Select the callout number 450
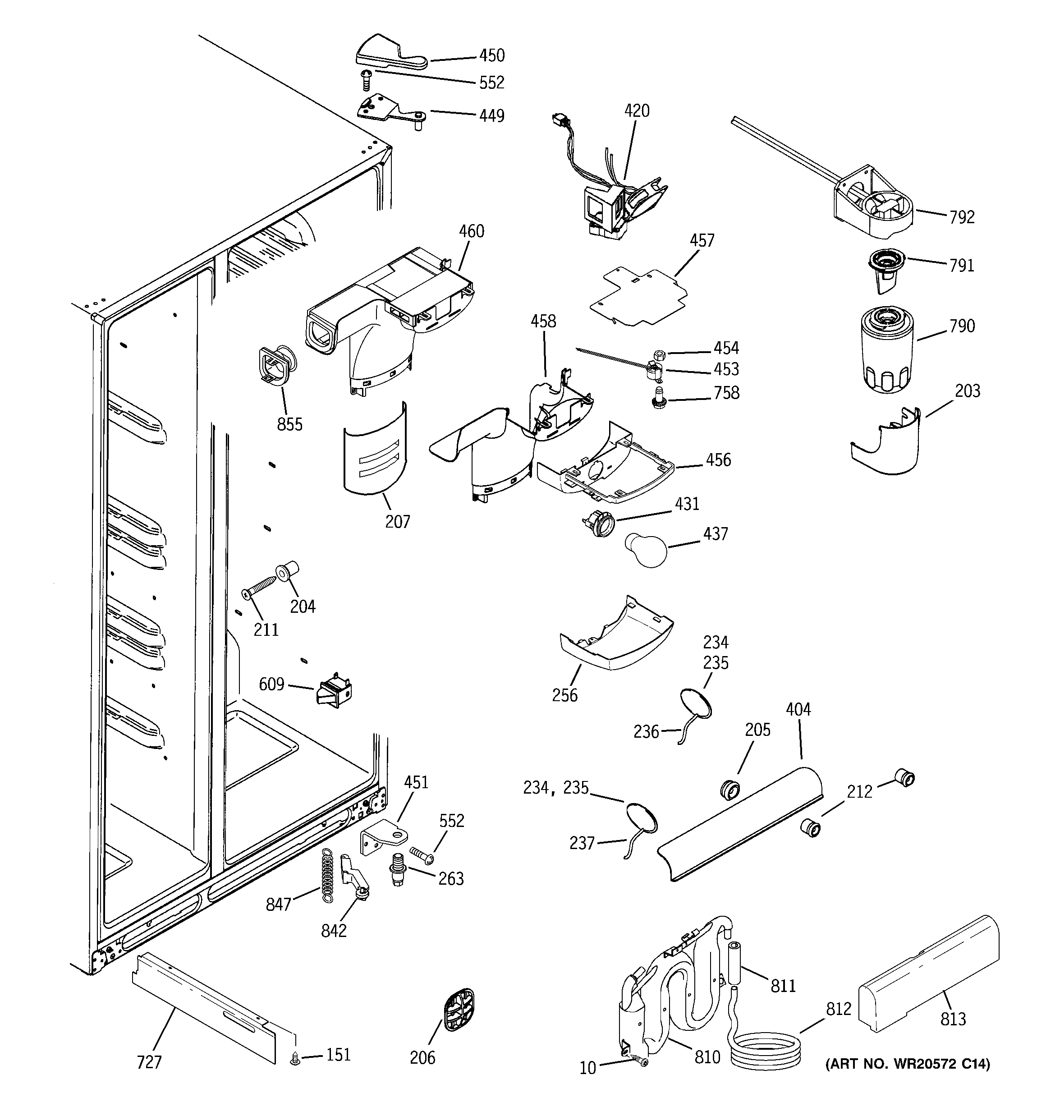pyautogui.click(x=492, y=55)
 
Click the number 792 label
pyautogui.click(x=962, y=217)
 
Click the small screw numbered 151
pyautogui.click(x=294, y=1059)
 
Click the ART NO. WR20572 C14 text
pyautogui.click(x=907, y=1064)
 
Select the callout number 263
pyautogui.click(x=451, y=878)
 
